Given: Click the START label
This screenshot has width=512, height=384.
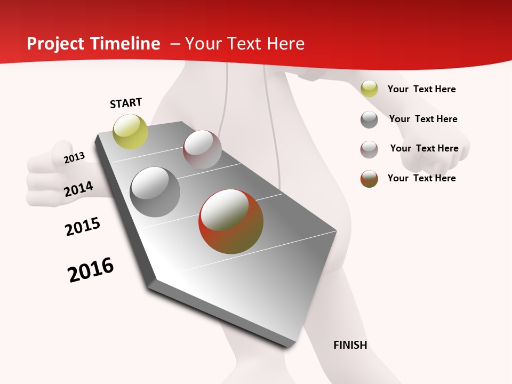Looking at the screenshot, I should pos(126,103).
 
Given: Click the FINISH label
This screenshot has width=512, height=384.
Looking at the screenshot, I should pos(350,345).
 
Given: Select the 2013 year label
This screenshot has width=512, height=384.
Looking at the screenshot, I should pos(75,158).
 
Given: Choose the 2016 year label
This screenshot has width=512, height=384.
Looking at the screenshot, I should pos(91,270).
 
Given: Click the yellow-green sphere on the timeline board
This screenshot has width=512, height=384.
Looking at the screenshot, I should pos(131,131).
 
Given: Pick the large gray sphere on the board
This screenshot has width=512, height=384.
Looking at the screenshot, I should pos(155,192).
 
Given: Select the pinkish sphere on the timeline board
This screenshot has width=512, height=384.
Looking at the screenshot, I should pos(202,149).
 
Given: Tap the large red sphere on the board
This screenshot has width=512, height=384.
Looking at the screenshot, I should pos(231,221).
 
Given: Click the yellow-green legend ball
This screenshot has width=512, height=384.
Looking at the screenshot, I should pos(369,89).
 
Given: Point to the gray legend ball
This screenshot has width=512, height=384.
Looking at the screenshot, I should pos(369,119).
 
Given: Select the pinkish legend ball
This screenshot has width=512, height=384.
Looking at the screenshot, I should pos(369,149).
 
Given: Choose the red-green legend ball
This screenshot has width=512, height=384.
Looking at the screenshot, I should pos(369,179).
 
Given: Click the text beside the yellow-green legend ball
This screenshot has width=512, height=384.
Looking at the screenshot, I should pos(421,89).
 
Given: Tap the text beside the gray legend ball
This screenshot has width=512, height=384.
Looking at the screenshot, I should pos(423,119).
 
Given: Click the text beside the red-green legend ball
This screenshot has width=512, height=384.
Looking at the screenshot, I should pos(421,178).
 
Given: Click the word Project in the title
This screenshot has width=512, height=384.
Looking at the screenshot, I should pos(55,44).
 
